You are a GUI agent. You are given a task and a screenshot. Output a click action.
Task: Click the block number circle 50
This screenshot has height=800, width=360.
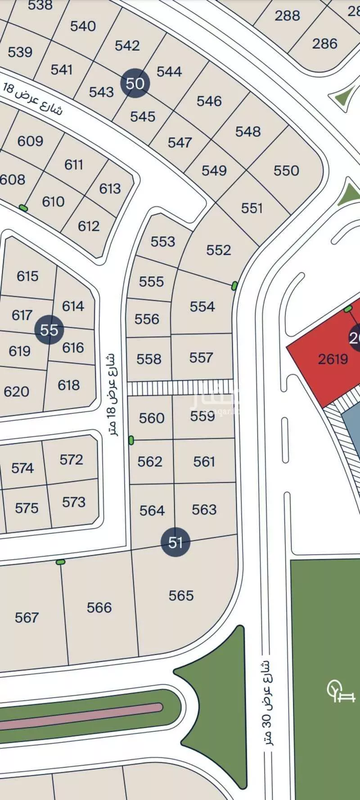[135, 83]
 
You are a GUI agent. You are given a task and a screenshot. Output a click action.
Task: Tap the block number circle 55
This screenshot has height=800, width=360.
[49, 330]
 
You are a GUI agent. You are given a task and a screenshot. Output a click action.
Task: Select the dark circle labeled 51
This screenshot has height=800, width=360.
[175, 542]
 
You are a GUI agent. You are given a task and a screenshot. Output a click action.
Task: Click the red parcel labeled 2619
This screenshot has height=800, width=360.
[333, 359]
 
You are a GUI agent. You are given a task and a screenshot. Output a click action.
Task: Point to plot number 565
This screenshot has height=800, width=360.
[181, 596]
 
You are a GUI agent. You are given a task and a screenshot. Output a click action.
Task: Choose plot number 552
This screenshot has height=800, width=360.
[218, 250]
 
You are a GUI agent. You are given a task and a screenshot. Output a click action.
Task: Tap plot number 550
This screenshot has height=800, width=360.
[286, 171]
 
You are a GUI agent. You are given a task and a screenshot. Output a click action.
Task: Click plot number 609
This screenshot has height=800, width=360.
[30, 141]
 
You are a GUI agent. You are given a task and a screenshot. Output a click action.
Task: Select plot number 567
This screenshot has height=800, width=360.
[27, 617]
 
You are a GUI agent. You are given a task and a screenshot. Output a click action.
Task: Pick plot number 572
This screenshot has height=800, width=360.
[71, 460]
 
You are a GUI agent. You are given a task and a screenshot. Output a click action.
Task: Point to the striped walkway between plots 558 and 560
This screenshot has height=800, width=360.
[180, 387]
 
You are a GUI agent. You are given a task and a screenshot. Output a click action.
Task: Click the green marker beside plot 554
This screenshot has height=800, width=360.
[234, 286]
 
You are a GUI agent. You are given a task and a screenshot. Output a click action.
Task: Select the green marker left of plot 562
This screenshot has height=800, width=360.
[131, 440]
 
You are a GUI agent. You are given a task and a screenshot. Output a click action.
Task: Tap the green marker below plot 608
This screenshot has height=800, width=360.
[23, 208]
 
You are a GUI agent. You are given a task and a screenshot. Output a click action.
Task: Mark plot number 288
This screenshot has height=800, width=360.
[287, 16]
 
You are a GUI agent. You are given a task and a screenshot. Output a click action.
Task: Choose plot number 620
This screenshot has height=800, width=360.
[17, 391]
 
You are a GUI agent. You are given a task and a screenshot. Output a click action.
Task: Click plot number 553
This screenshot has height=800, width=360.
[162, 242]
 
